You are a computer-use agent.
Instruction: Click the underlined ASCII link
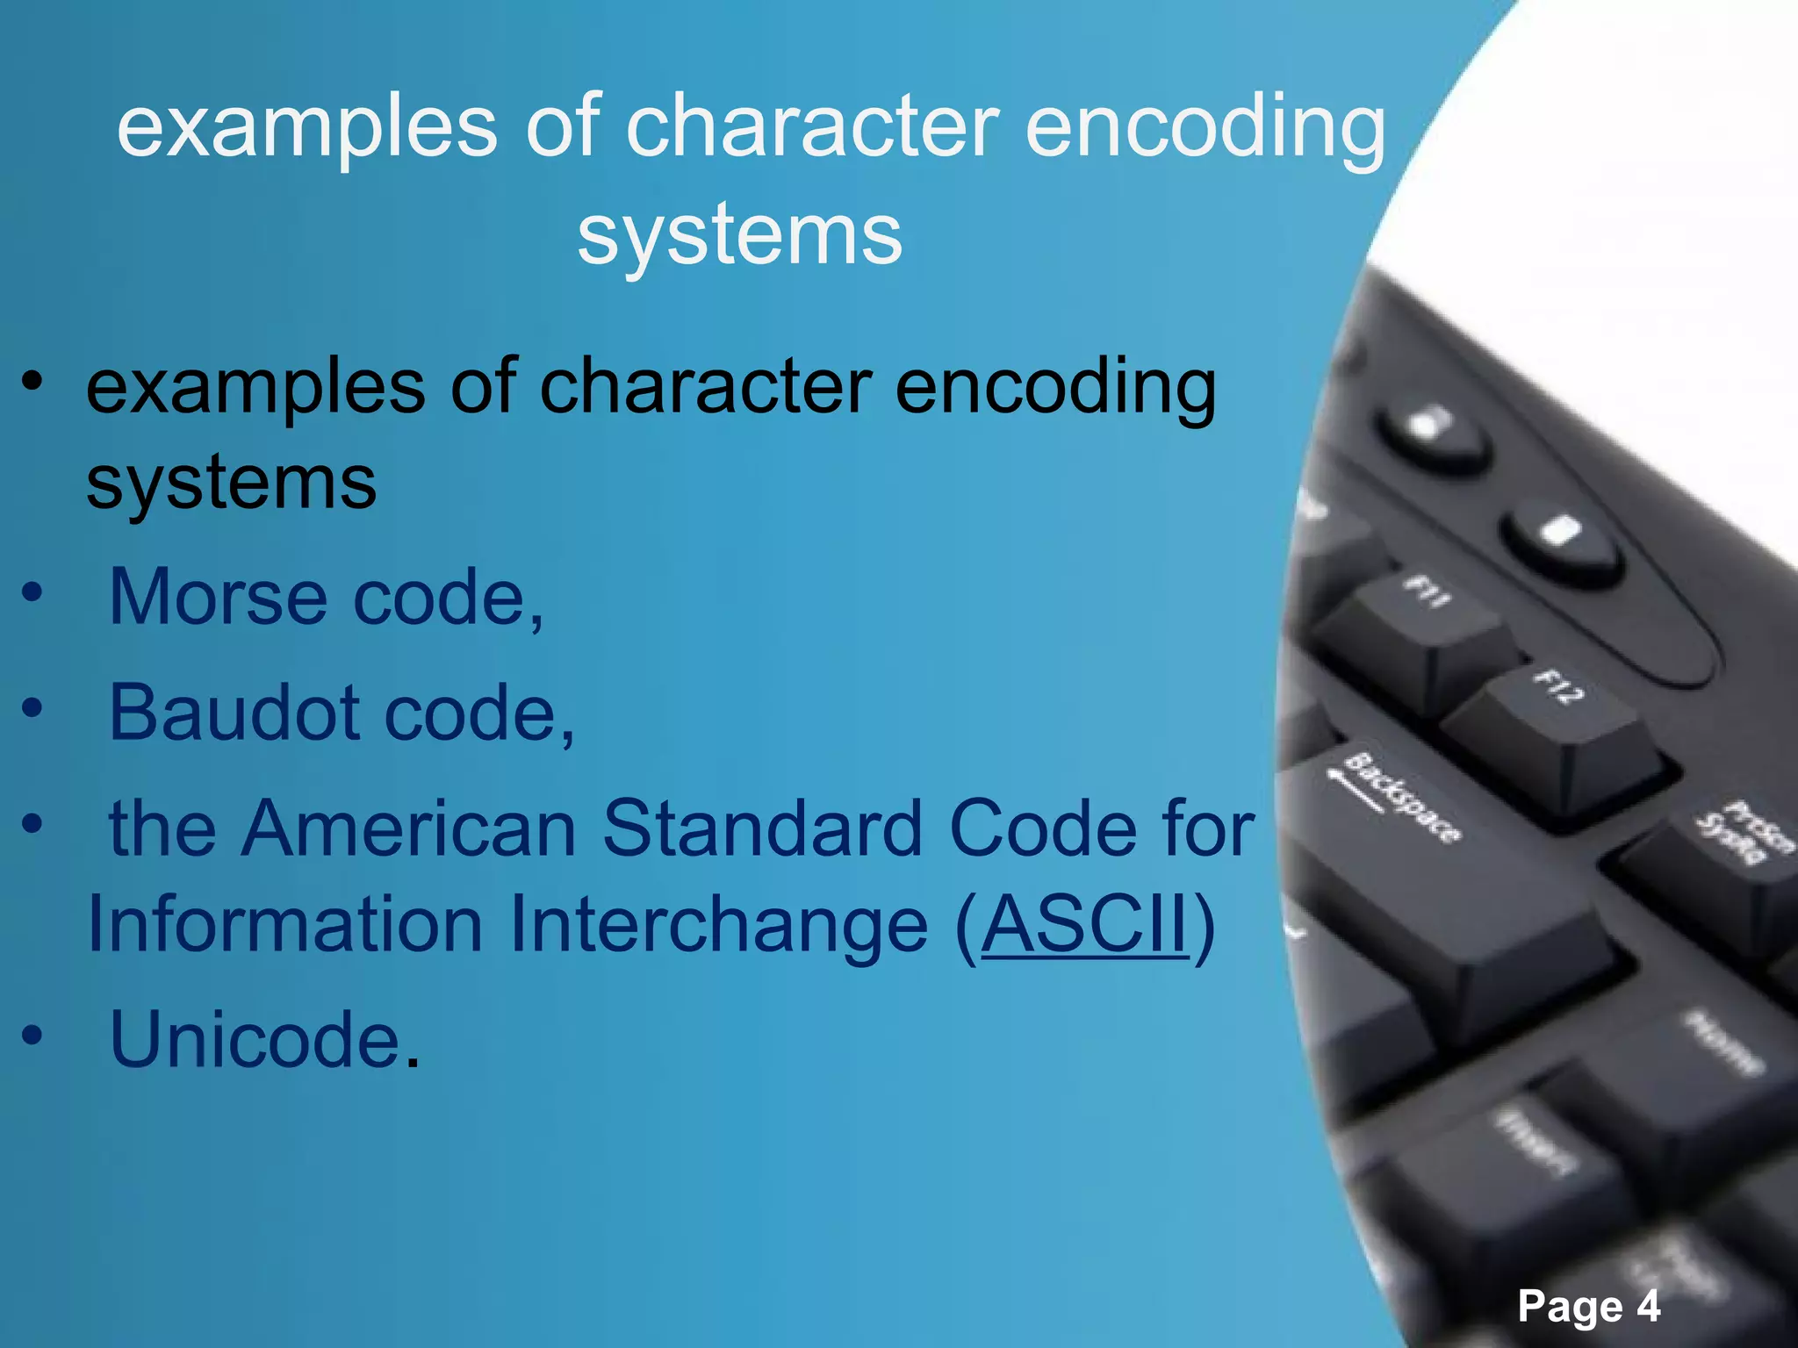(1085, 925)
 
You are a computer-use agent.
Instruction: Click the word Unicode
(255, 1040)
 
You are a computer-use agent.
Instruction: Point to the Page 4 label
(1588, 1307)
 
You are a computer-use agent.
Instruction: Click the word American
(408, 828)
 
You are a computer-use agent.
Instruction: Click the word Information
(285, 925)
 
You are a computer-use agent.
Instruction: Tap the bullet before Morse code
(32, 594)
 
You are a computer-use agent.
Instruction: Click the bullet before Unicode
(32, 1036)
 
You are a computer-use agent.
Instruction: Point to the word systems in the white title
(739, 235)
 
